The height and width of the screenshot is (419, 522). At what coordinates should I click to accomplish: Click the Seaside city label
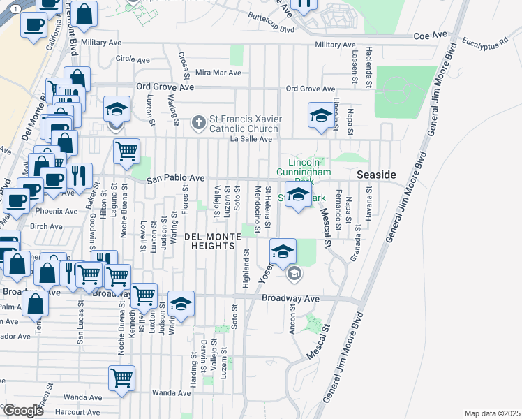[x=377, y=175]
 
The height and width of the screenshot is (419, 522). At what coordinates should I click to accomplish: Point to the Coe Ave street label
[x=430, y=34]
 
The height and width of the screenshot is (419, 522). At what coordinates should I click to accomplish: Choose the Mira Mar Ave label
[x=218, y=73]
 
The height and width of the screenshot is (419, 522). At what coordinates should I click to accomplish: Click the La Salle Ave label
[x=251, y=139]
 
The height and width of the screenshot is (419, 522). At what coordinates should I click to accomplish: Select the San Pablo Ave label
[x=175, y=179]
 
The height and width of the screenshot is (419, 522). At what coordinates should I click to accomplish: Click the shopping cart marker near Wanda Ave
[x=121, y=378]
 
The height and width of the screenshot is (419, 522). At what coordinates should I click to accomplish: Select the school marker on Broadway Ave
[x=181, y=303]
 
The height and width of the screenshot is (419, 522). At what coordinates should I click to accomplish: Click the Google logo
[x=23, y=411]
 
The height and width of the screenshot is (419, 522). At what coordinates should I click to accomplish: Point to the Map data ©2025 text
[x=492, y=413]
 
